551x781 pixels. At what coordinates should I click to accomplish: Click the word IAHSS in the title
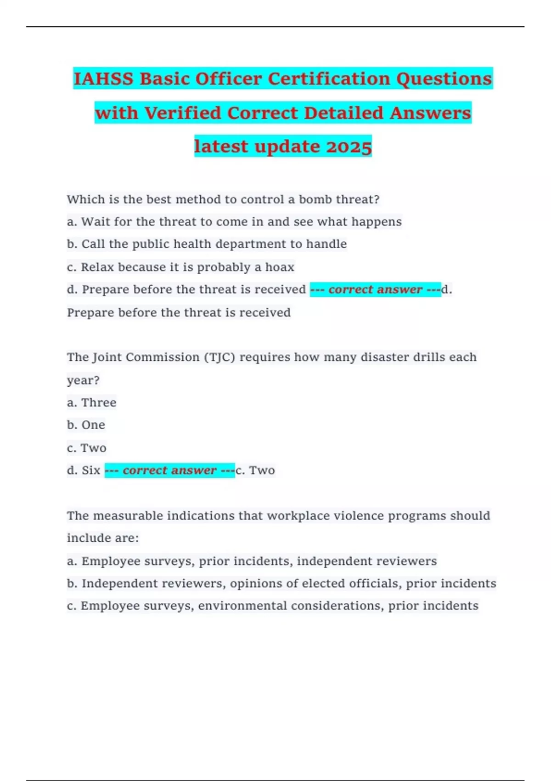(x=103, y=79)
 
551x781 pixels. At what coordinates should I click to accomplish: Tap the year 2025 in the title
(x=349, y=147)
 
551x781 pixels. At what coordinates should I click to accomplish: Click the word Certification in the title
(x=329, y=79)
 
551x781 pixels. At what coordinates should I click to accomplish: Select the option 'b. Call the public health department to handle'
(x=207, y=244)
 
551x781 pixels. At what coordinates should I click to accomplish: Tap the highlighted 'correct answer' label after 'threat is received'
(x=375, y=289)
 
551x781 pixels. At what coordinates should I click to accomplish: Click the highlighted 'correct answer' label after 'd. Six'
(x=169, y=470)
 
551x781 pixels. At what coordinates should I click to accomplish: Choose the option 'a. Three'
(x=91, y=402)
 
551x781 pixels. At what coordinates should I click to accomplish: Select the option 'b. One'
(x=86, y=425)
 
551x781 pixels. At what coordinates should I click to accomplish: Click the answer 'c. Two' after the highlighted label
(x=255, y=470)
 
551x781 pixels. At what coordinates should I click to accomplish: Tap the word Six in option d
(x=91, y=470)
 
